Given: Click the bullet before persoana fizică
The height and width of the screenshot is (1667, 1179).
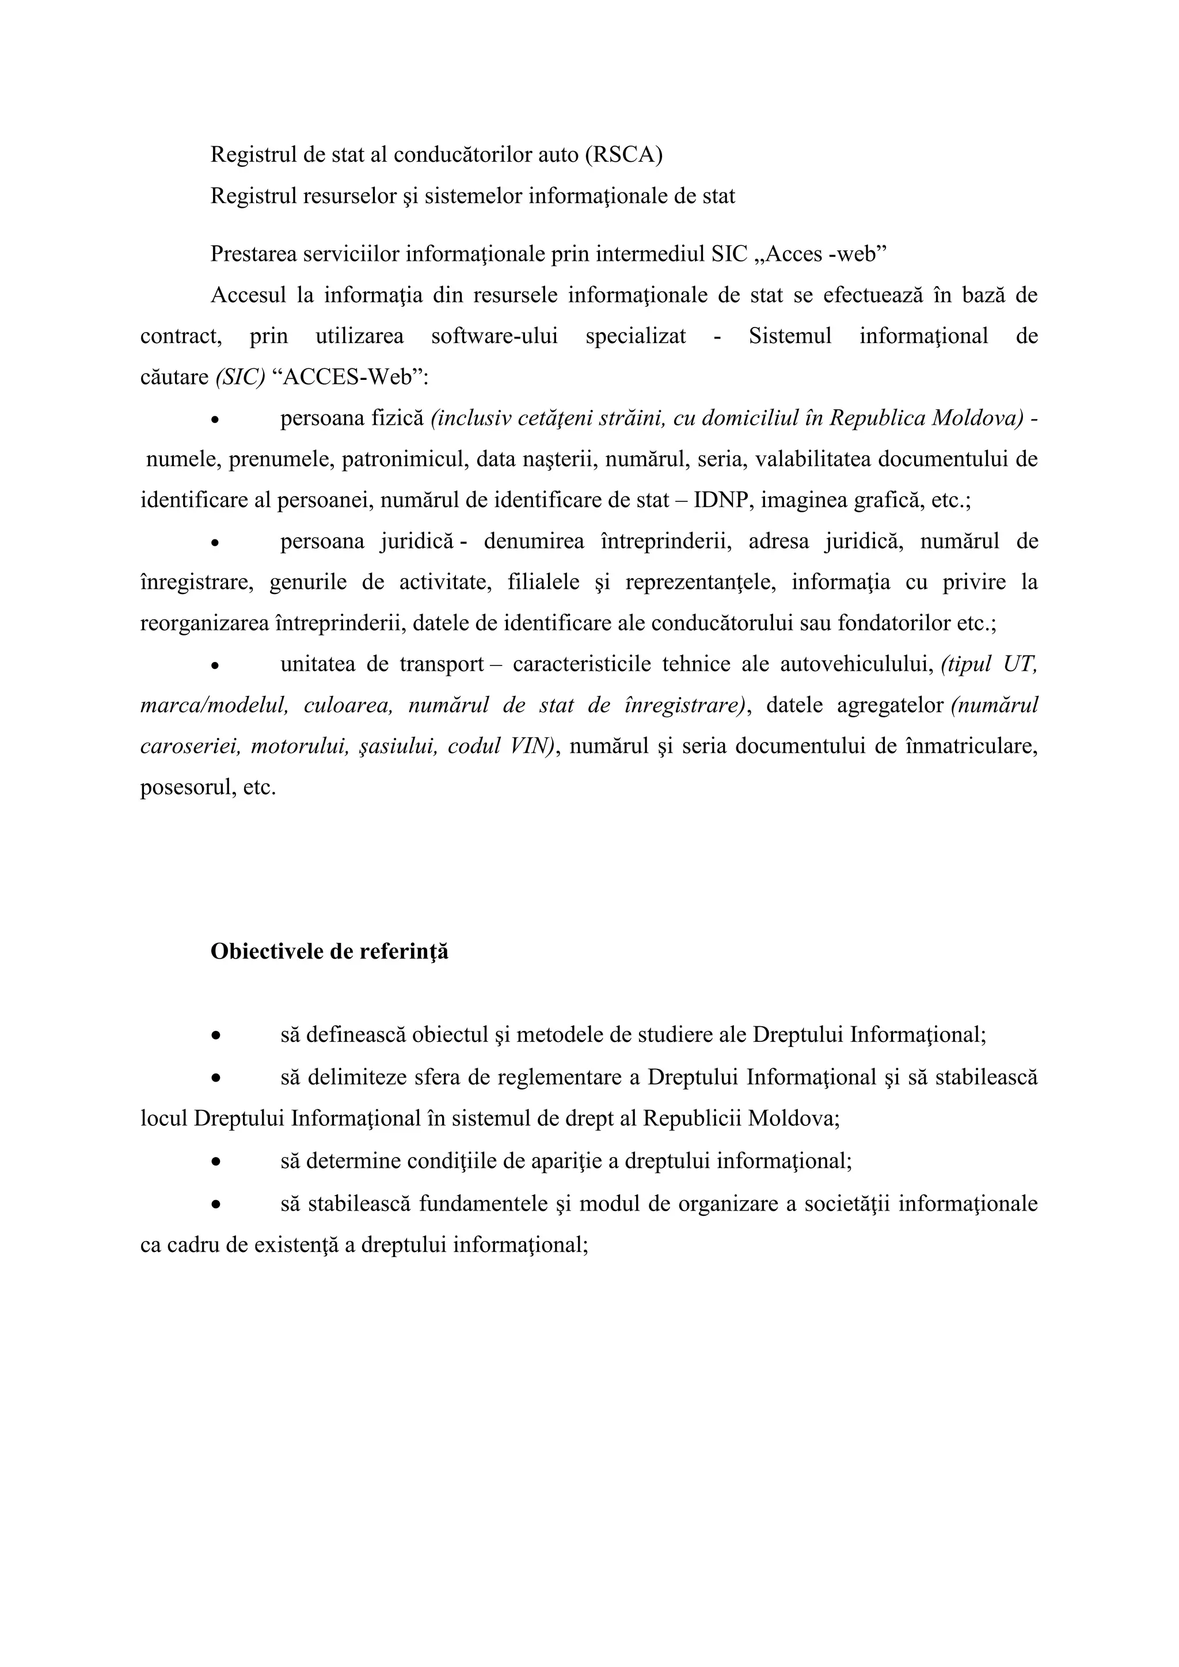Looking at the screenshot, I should pos(214,420).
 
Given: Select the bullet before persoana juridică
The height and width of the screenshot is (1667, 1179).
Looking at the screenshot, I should pos(214,542).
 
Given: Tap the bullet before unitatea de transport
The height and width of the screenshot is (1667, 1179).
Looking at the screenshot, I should pos(214,665).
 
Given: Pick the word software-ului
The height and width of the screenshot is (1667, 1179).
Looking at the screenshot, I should pos(495,337).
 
